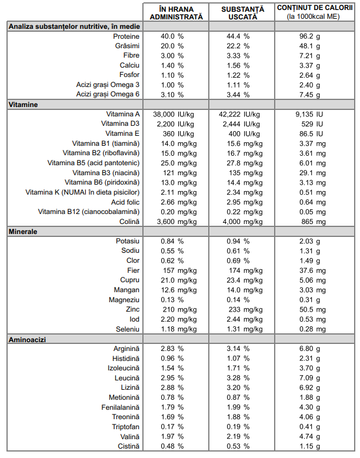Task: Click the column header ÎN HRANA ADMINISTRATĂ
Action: [176, 13]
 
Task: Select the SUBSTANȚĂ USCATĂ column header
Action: [242, 13]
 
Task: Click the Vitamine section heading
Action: [23, 105]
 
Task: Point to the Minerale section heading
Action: [23, 232]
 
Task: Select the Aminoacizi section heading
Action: [27, 340]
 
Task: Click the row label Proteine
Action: [126, 36]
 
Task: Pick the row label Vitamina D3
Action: [120, 123]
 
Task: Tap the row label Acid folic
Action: [125, 202]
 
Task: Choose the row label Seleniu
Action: [128, 329]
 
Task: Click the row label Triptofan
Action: [126, 427]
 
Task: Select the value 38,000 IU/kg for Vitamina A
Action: [174, 114]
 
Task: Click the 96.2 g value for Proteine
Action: [309, 36]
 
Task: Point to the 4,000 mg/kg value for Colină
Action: [242, 222]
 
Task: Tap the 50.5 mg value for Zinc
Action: [312, 310]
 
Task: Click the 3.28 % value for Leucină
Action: [238, 378]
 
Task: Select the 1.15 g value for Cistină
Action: [309, 446]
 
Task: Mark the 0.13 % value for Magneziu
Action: [172, 300]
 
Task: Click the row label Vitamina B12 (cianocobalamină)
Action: [89, 212]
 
